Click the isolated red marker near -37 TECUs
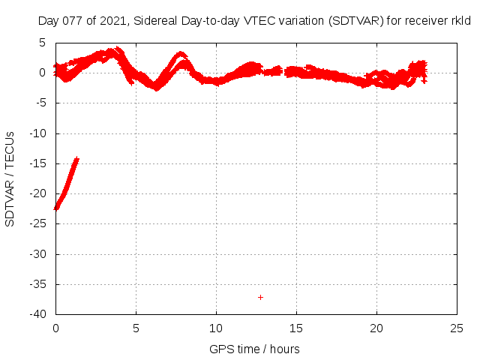[260, 297]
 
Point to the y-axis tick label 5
[44, 43]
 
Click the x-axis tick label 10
[216, 328]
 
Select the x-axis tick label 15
[296, 328]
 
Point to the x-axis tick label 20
[376, 328]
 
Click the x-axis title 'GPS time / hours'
[255, 349]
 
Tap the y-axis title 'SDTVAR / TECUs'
[10, 178]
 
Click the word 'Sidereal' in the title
[156, 22]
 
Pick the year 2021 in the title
[112, 22]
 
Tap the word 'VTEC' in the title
[262, 22]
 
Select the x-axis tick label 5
[136, 328]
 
